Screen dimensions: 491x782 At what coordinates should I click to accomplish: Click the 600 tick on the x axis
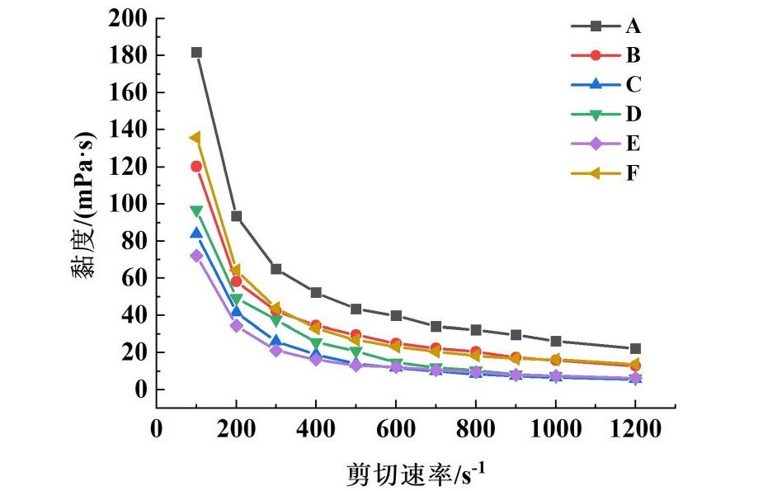coord(396,429)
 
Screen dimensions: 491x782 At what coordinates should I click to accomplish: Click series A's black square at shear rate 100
coord(196,52)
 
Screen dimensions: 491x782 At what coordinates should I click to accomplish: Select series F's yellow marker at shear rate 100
coord(195,138)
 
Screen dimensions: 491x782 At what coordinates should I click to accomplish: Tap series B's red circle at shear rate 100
coord(196,167)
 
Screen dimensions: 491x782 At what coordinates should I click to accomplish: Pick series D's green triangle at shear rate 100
coord(196,211)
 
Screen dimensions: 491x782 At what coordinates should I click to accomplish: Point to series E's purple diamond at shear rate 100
coord(196,256)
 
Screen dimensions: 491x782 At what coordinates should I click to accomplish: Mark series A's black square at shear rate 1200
coord(635,349)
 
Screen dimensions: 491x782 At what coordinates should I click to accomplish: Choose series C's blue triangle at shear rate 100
coord(196,234)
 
